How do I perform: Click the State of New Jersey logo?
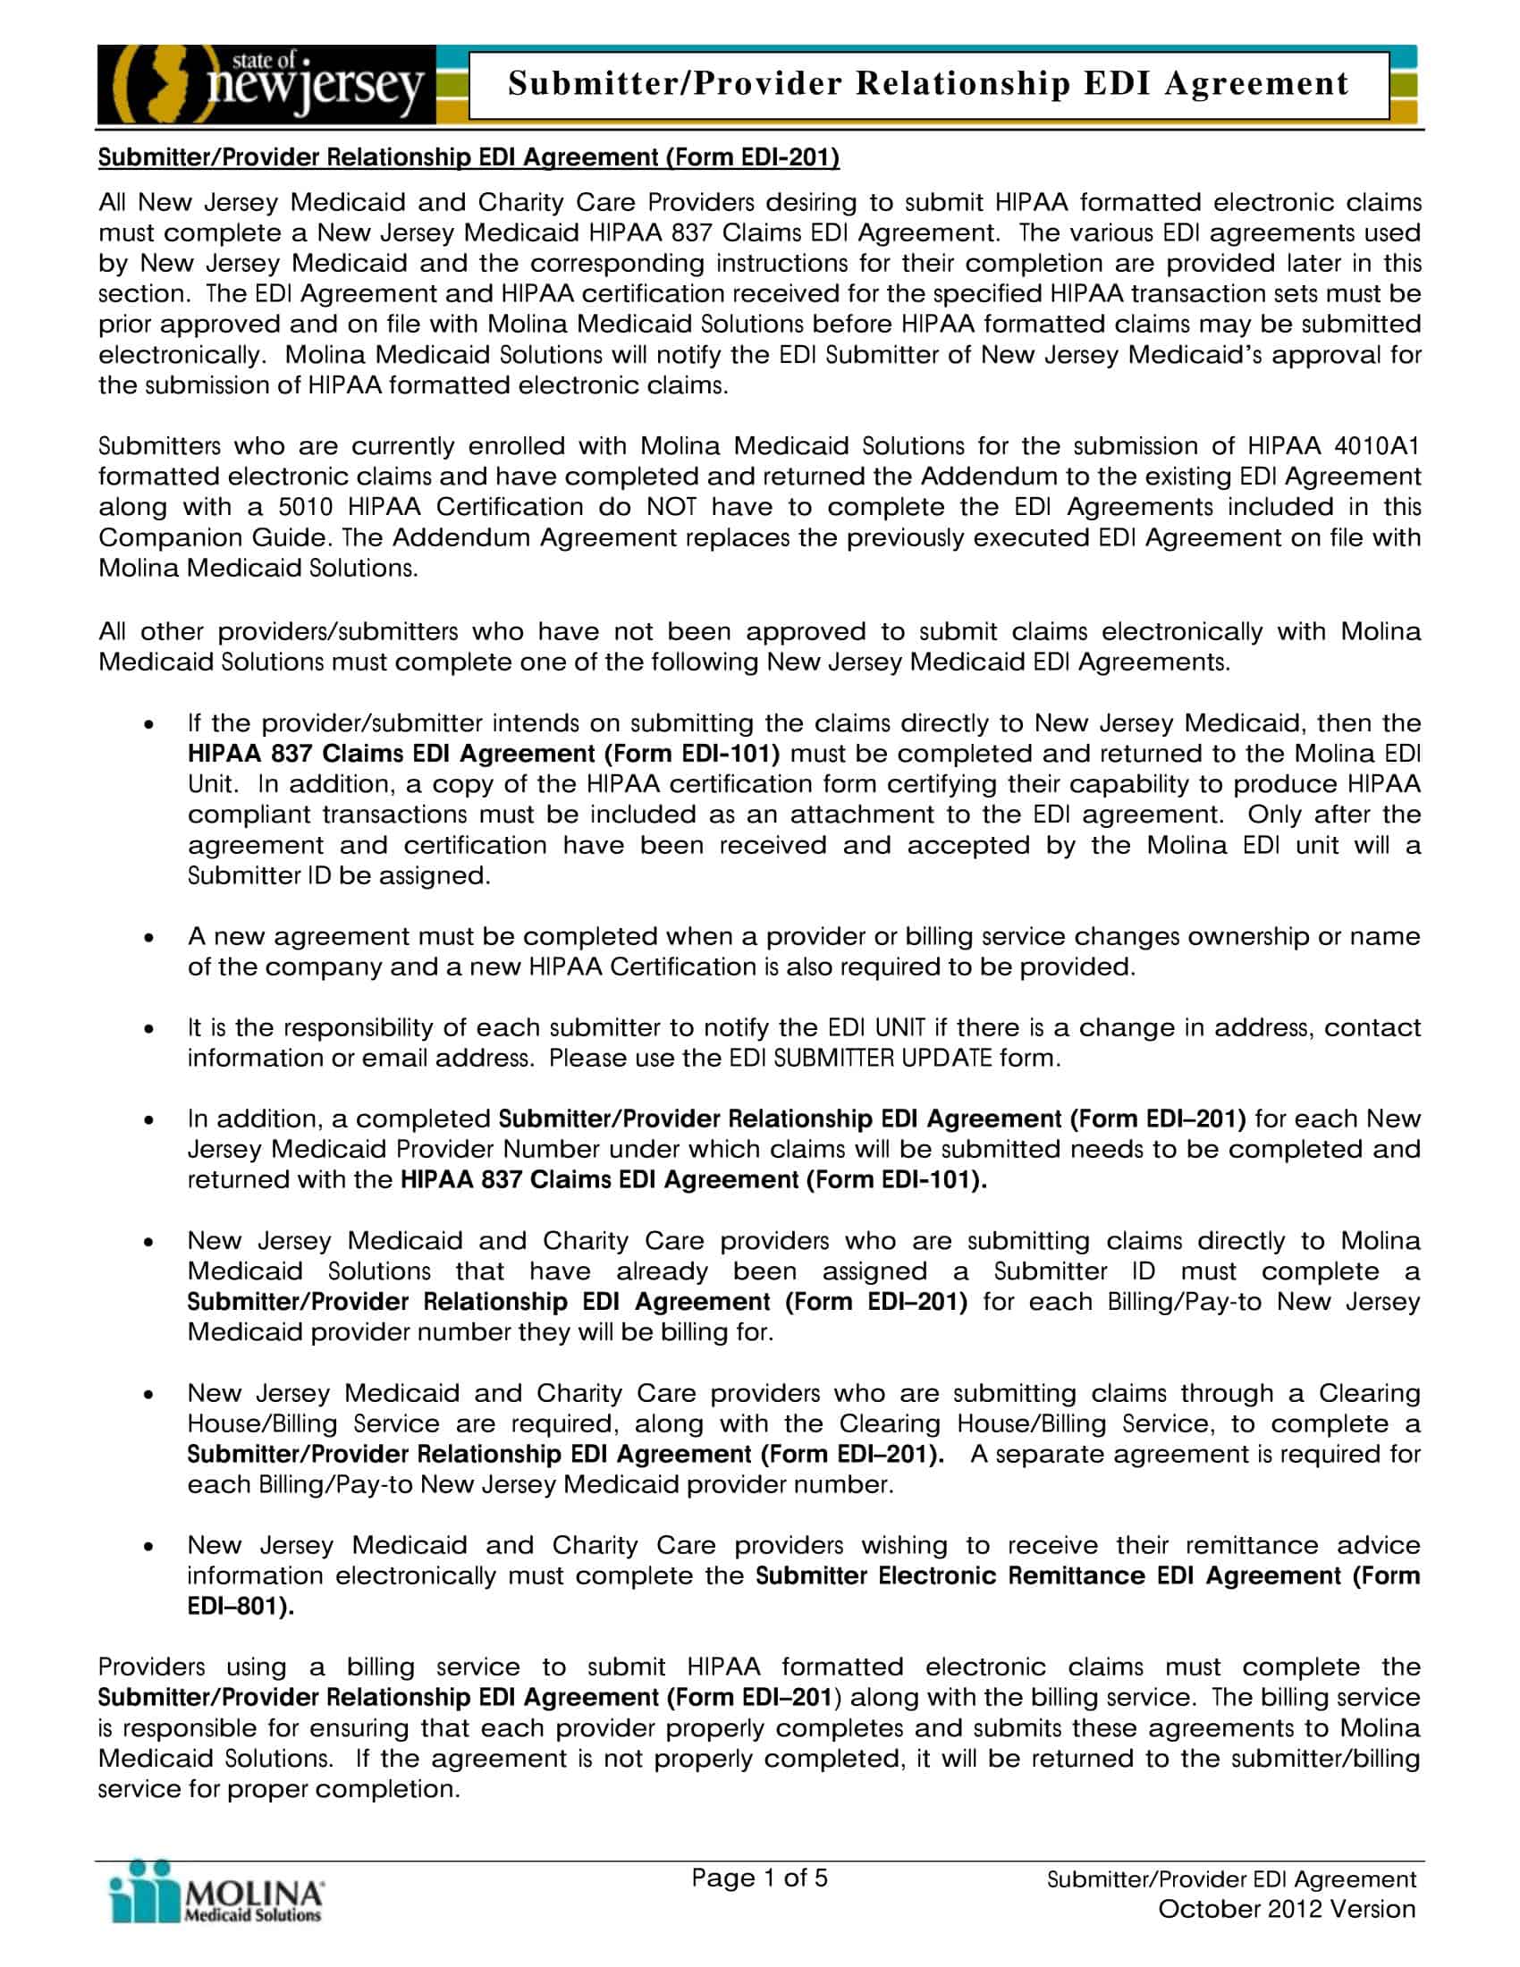(266, 85)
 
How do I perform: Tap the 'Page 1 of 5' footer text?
(758, 1878)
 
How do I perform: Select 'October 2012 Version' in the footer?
(1286, 1910)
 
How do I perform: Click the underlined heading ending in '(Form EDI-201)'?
(469, 157)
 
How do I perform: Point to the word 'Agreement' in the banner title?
(1256, 84)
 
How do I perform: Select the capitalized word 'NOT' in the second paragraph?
(671, 507)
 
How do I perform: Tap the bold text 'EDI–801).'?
(241, 1608)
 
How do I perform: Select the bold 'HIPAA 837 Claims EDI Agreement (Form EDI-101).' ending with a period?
(693, 1180)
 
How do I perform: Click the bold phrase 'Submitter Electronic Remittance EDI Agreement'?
(1049, 1576)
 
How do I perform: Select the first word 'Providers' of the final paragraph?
(151, 1667)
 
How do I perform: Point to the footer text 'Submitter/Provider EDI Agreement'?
(1231, 1879)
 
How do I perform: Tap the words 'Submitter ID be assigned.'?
(339, 875)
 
